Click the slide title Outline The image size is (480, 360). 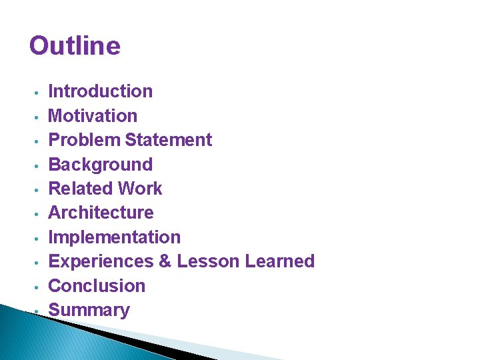point(75,46)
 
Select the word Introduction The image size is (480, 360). point(101,91)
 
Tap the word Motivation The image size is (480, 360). point(93,116)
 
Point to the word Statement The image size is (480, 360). point(169,140)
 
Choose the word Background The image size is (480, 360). point(101,165)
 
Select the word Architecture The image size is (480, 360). point(101,213)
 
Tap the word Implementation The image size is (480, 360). point(115,237)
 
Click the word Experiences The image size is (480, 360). point(101,261)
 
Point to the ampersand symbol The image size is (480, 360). point(165,261)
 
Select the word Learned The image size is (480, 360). point(280,261)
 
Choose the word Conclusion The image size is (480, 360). point(97,286)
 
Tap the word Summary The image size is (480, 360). point(89,310)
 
